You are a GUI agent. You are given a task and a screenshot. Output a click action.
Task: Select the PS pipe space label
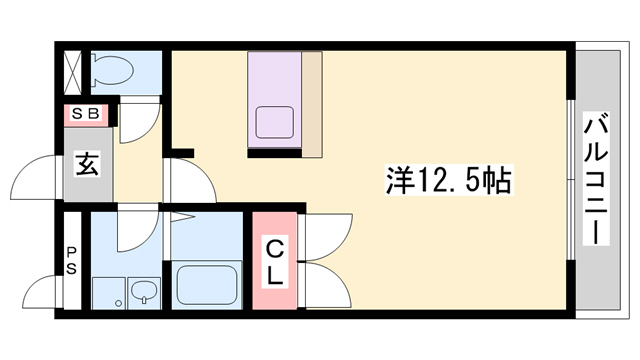click(72, 259)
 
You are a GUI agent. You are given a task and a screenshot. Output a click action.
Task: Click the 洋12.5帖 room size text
click(448, 180)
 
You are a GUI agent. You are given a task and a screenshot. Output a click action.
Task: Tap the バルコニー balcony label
click(597, 181)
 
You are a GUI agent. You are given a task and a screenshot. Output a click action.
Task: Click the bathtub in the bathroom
click(208, 285)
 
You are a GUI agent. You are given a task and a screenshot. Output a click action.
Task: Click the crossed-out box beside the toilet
click(73, 67)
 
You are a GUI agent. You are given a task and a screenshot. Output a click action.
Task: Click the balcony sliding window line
click(571, 180)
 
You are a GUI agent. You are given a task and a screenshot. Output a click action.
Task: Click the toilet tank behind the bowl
click(95, 70)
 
